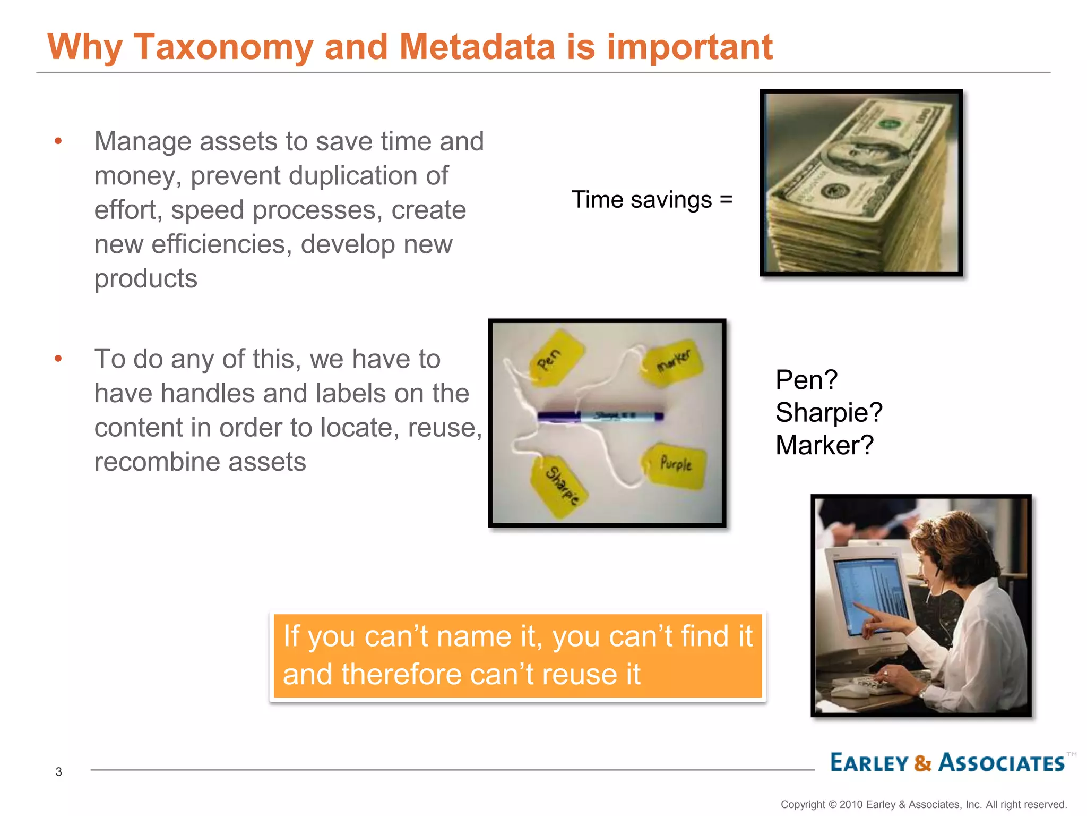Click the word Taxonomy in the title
[x=223, y=48]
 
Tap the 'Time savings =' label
[x=652, y=200]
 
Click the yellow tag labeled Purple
[x=676, y=465]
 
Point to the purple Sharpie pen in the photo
[x=600, y=416]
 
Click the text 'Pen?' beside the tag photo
[x=806, y=380]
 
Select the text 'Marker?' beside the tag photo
[x=824, y=445]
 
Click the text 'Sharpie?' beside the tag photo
[x=829, y=412]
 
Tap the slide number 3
[x=59, y=772]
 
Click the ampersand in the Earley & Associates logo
[x=923, y=763]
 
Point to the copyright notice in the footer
[x=923, y=804]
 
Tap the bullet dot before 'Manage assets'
[x=58, y=141]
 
